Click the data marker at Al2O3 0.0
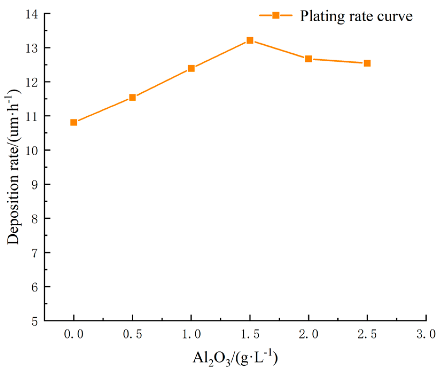[74, 123]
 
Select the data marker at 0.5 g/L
[132, 97]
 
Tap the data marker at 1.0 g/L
[191, 69]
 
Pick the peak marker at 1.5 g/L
[250, 41]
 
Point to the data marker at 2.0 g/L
[309, 59]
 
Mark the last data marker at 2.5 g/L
[367, 63]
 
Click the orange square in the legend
[276, 15]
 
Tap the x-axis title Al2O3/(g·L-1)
[235, 358]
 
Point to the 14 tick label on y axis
[32, 14]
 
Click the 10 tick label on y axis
[32, 150]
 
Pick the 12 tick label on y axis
[32, 82]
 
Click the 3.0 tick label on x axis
[426, 334]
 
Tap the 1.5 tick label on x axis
[250, 334]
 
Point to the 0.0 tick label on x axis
[74, 334]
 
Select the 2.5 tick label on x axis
[367, 334]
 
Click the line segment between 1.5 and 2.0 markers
[279, 50]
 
